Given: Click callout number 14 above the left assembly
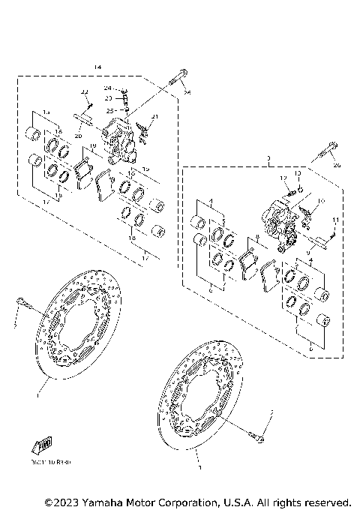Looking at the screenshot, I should (97, 67).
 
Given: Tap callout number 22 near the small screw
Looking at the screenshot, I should (85, 91).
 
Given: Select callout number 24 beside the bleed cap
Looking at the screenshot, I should (108, 88).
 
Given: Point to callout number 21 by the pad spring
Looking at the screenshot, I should (155, 116).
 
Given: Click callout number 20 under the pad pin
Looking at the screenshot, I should (78, 136).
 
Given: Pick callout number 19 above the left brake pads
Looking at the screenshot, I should (92, 147).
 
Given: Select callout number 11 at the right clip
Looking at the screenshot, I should (335, 219).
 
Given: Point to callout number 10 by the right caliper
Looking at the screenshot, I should (321, 201).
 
